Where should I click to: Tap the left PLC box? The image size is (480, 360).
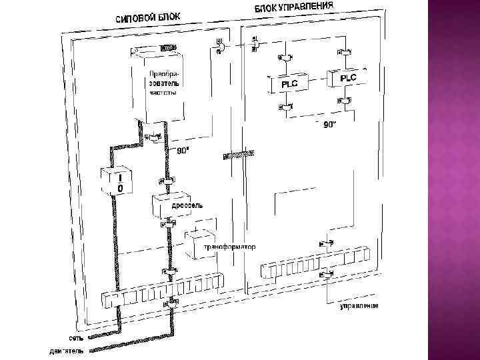pos(289,84)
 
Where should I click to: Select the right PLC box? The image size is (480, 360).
pos(348,78)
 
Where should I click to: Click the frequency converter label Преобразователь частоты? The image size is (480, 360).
pos(164,81)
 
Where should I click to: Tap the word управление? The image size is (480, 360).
pos(359,305)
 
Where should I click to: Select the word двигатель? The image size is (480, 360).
pos(67,351)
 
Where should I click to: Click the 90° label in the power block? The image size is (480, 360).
pos(183,151)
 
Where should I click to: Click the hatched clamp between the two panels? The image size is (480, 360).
pos(239,155)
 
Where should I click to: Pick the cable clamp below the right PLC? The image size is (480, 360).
pos(343,101)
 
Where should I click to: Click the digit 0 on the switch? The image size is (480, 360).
pos(119,189)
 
